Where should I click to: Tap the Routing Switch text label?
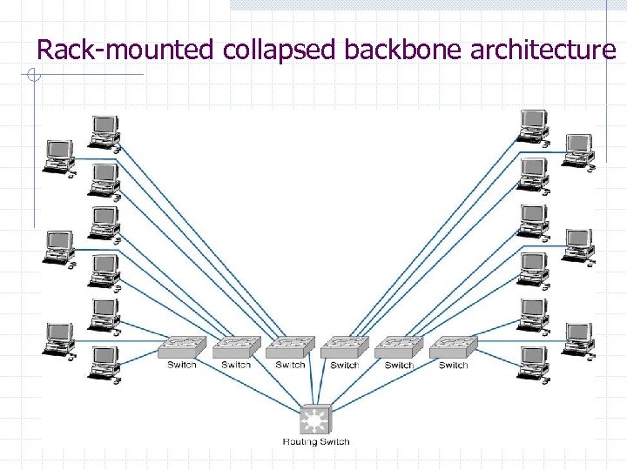point(315,442)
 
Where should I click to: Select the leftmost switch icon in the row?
point(182,347)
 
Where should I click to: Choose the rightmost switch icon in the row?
point(454,347)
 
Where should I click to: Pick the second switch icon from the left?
point(236,347)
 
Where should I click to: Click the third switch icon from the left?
point(290,347)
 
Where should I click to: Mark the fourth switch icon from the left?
point(345,347)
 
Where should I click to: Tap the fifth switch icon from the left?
point(399,347)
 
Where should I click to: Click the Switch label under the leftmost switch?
point(182,365)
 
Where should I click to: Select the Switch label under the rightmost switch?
point(454,365)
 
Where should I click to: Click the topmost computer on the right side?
point(532,124)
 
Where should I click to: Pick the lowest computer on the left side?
point(104,364)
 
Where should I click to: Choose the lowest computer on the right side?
point(531,362)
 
